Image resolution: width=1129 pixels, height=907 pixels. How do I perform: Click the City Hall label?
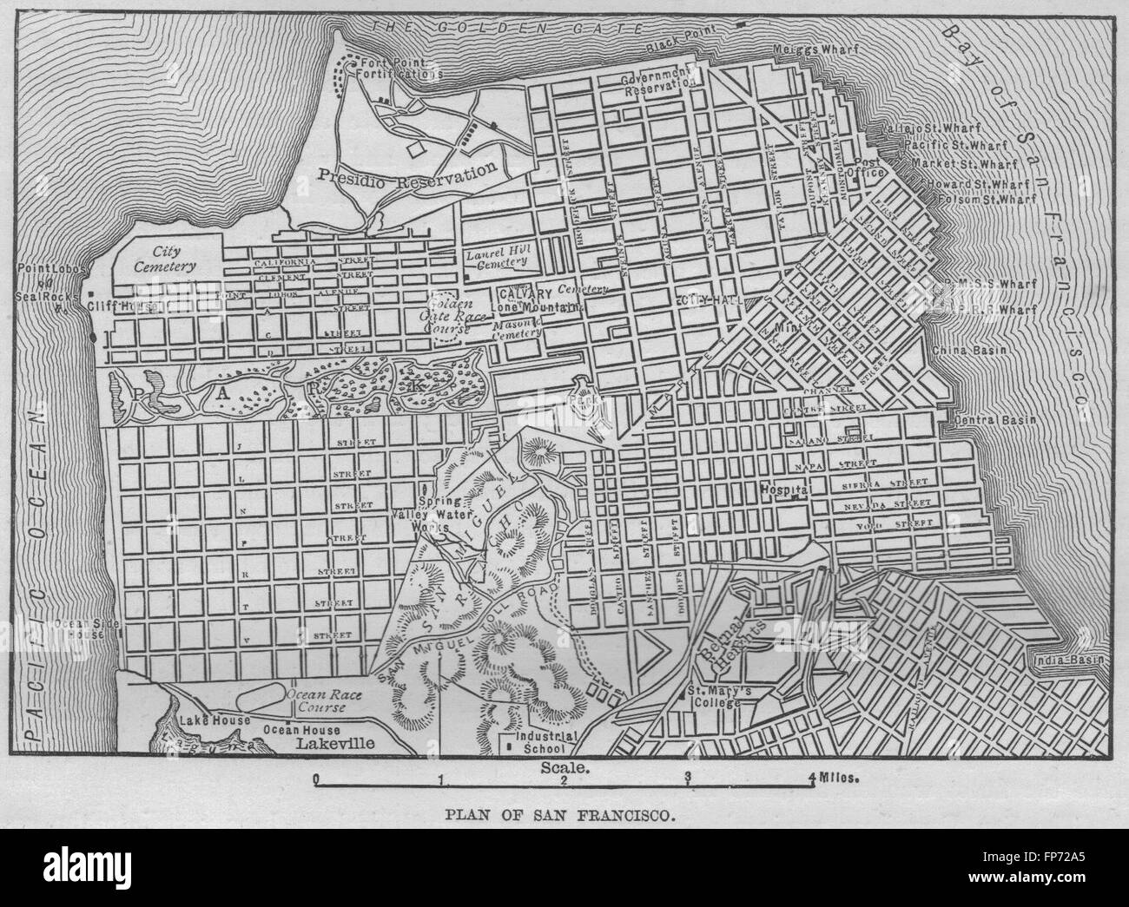[x=704, y=299]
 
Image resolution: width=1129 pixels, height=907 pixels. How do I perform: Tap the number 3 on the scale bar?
[x=688, y=778]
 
